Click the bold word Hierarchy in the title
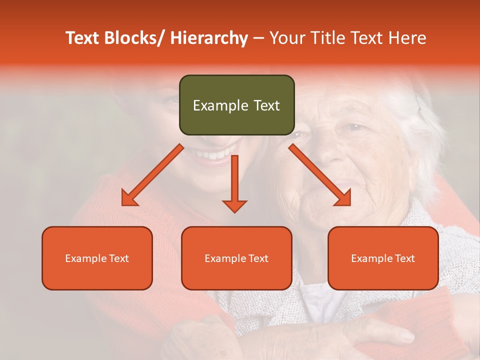click(x=208, y=38)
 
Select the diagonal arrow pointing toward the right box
click(x=319, y=175)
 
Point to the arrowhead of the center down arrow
click(x=234, y=206)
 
